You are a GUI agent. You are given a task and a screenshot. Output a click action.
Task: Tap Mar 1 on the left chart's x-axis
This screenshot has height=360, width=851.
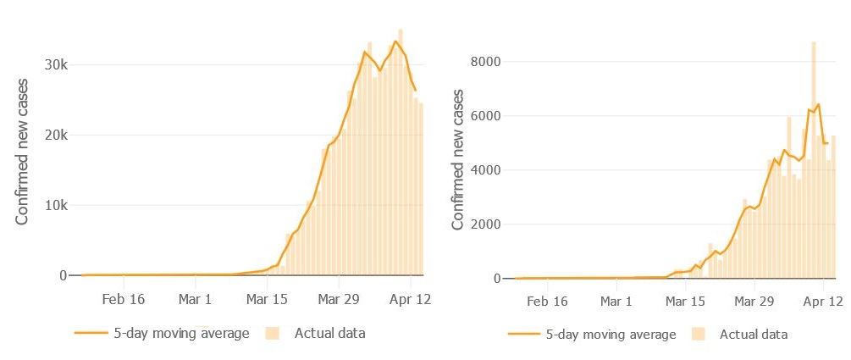(196, 299)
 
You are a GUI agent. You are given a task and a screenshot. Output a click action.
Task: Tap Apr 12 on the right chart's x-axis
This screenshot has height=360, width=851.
(822, 302)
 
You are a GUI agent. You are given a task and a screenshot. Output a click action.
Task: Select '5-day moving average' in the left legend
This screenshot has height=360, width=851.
(181, 333)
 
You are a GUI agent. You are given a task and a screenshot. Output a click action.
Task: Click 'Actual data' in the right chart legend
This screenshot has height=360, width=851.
(754, 335)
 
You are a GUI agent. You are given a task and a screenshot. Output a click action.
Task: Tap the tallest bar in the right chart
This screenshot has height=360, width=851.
(814, 161)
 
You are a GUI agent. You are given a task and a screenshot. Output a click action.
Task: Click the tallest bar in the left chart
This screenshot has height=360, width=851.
(401, 152)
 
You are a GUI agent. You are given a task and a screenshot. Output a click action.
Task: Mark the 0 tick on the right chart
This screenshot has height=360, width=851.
(496, 279)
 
